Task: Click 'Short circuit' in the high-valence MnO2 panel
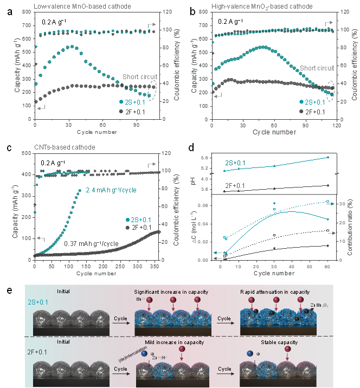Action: pyautogui.click(x=317, y=68)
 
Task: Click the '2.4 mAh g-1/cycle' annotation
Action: pyautogui.click(x=111, y=190)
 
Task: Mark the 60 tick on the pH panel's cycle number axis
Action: pyautogui.click(x=328, y=267)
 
